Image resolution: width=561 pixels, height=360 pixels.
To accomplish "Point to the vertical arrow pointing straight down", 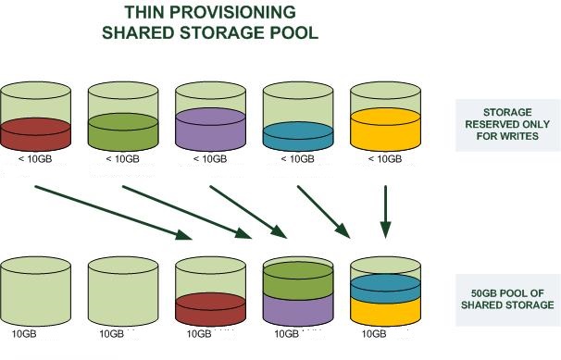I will click(387, 209).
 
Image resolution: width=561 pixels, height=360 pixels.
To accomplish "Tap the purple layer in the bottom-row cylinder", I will click(298, 309).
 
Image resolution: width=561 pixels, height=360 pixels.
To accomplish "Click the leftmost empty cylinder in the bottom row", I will click(36, 291).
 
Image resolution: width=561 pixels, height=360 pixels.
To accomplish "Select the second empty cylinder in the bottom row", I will click(123, 291).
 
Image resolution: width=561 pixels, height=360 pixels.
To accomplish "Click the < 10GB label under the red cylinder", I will click(36, 159).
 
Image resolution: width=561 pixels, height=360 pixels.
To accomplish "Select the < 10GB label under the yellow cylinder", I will click(384, 159).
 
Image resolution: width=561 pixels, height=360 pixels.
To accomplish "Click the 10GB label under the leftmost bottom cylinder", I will click(24, 332).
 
